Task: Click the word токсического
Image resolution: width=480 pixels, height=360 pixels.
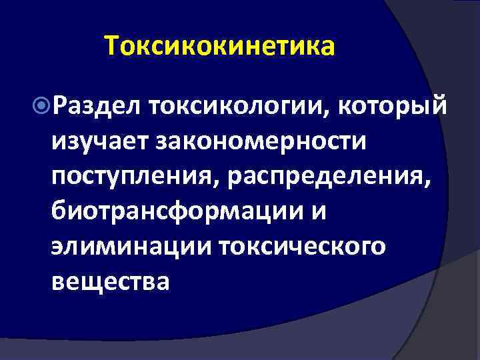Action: click(301, 246)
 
